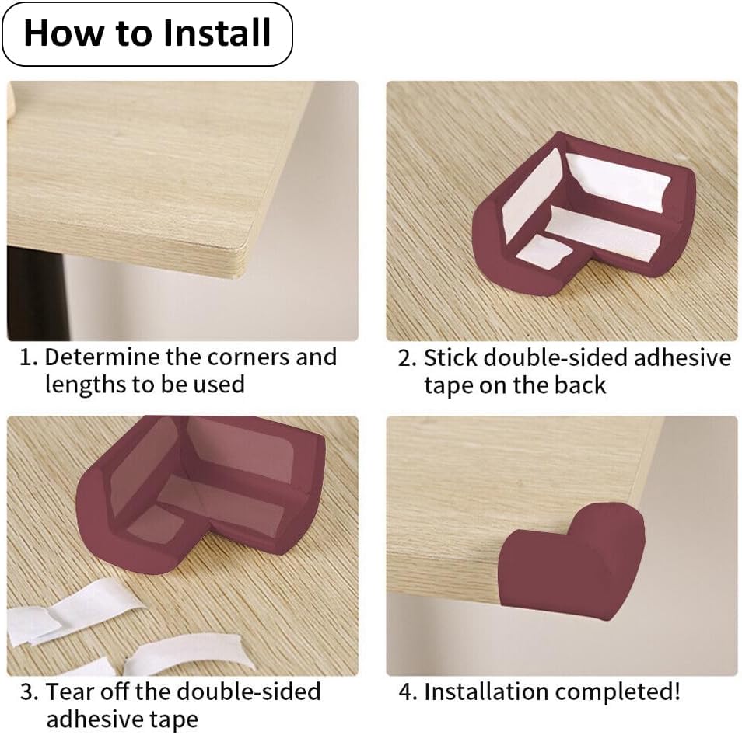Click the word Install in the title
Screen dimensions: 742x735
click(217, 33)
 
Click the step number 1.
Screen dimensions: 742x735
click(28, 357)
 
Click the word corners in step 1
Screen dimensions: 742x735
click(249, 357)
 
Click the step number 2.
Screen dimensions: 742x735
click(407, 358)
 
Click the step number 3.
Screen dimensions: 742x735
click(29, 692)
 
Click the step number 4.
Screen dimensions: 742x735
click(407, 692)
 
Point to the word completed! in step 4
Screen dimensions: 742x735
click(618, 692)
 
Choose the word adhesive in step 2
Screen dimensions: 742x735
click(682, 357)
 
